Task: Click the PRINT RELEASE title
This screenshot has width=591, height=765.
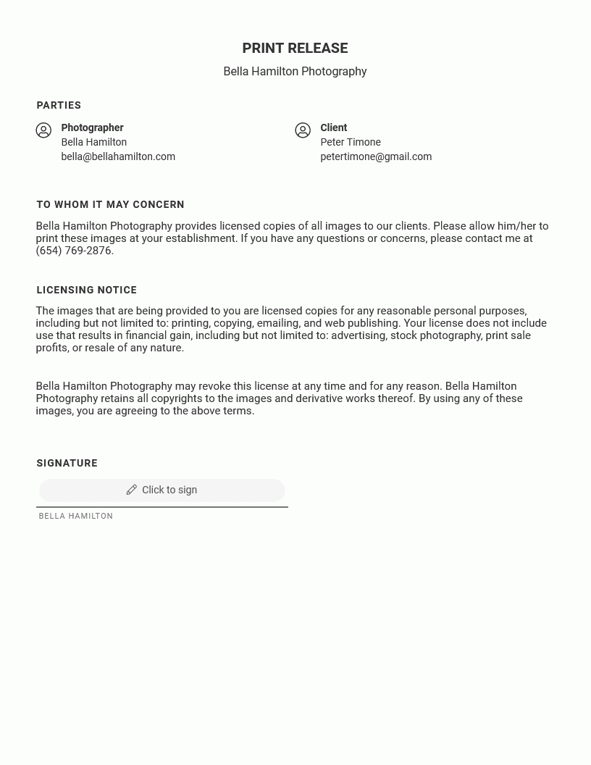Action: (295, 49)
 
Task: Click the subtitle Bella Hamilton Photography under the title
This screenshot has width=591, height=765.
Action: (295, 71)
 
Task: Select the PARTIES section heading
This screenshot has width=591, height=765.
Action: (59, 106)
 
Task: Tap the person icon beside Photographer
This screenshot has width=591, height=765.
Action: (43, 130)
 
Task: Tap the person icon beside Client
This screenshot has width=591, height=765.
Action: (303, 130)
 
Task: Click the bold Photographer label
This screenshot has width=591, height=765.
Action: (92, 128)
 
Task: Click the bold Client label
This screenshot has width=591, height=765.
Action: (333, 128)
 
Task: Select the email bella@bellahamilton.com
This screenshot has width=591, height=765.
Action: (118, 156)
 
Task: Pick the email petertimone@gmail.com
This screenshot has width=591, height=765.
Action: (376, 156)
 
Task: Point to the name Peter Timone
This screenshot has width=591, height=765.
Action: (351, 142)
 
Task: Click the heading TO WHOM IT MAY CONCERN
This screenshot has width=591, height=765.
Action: (110, 205)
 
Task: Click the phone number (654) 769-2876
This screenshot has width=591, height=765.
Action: (74, 251)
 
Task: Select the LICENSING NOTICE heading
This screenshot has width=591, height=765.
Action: (86, 290)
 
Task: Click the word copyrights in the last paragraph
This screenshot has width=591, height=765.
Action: (166, 398)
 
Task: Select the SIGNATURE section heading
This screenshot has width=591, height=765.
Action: (67, 464)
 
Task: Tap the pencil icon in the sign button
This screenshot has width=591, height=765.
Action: (131, 490)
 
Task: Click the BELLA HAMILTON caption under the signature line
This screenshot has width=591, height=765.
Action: (75, 517)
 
